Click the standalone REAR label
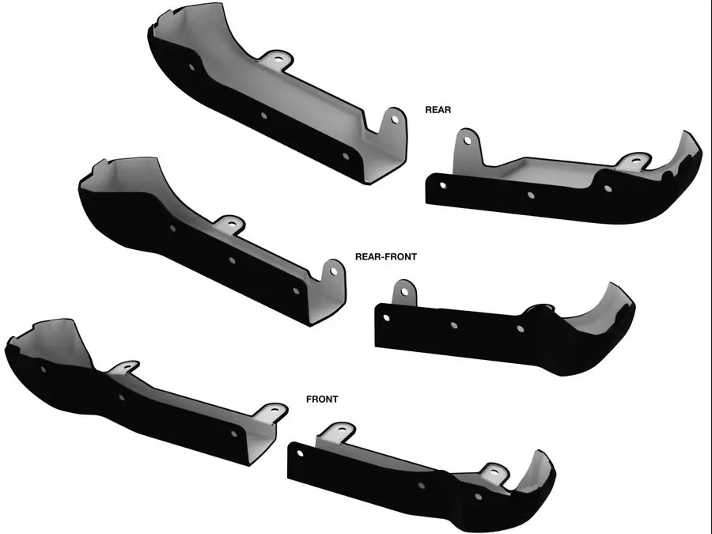tap(437, 110)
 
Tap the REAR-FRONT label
tap(386, 257)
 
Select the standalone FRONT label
tap(322, 400)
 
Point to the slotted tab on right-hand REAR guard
tap(634, 161)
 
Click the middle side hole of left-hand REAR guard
tap(263, 116)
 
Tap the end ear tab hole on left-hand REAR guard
tap(394, 119)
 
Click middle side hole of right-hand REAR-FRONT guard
tap(453, 324)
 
